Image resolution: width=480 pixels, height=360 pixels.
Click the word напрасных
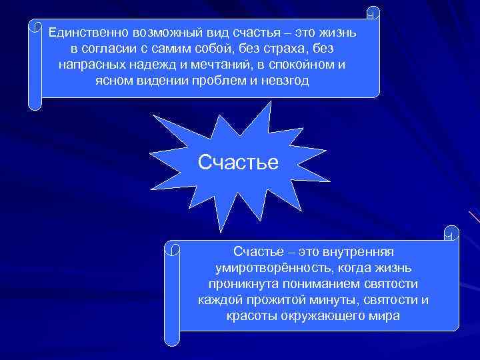[x=88, y=66]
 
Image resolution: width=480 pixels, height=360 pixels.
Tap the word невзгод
[x=288, y=83]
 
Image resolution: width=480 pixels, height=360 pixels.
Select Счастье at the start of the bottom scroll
[x=255, y=251]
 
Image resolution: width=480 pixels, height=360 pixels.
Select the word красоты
[x=252, y=315]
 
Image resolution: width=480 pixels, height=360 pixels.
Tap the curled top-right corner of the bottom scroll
[x=451, y=233]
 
